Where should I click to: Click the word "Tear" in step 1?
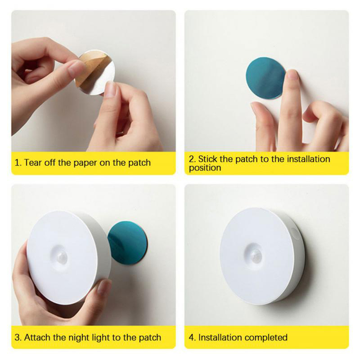click(33, 163)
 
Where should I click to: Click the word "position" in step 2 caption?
click(205, 168)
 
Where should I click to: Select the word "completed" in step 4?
click(267, 338)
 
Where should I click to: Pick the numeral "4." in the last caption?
click(192, 338)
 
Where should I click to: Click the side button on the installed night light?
click(294, 233)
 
